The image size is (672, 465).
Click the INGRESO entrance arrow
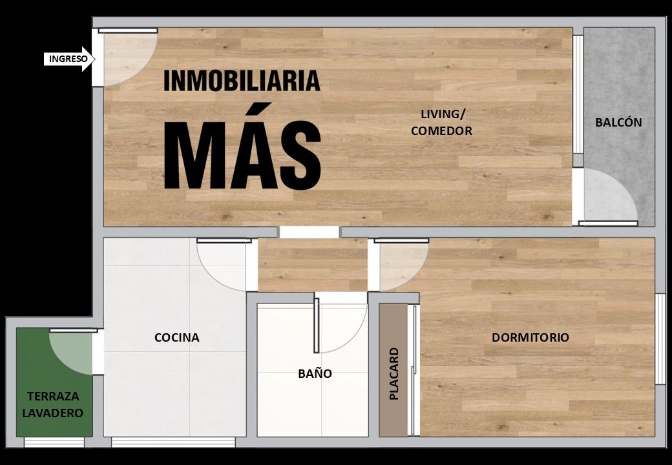tap(69, 59)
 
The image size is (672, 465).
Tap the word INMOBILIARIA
tap(242, 81)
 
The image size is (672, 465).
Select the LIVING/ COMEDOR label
tap(441, 123)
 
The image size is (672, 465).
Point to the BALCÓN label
tap(618, 123)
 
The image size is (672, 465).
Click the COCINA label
tap(176, 337)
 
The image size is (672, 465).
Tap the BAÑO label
tap(315, 373)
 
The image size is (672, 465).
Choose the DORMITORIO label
tap(530, 337)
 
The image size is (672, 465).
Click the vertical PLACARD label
tap(394, 374)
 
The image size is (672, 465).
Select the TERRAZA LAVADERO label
tap(53, 405)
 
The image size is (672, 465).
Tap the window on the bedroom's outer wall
tap(660, 339)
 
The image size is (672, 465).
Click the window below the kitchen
tap(173, 442)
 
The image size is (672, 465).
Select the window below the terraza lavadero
tap(54, 442)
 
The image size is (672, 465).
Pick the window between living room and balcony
tap(578, 94)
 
